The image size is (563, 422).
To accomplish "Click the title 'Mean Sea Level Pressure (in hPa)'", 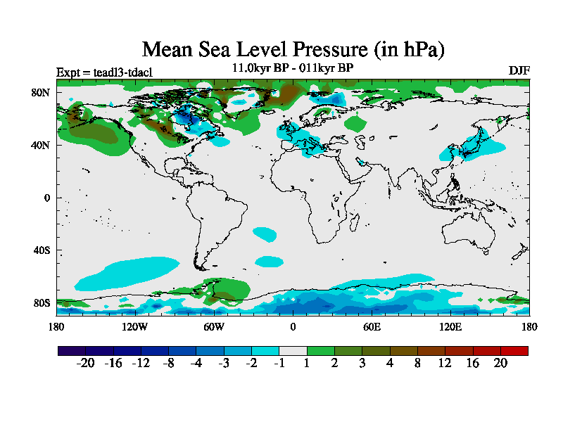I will (293, 50).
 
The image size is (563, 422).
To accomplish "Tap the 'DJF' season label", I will (519, 70).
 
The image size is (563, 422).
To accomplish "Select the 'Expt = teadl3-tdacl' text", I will (104, 72).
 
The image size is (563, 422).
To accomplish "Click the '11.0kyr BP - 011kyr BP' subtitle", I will (292, 68).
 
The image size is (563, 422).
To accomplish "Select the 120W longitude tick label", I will (135, 326).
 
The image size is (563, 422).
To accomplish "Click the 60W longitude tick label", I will (214, 326).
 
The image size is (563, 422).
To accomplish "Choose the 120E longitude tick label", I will (450, 326).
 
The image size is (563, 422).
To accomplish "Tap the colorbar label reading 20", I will (500, 362).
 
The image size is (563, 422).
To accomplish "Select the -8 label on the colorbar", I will (168, 362).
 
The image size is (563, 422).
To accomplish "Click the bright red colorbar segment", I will (514, 350).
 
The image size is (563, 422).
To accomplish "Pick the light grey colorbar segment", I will (293, 350).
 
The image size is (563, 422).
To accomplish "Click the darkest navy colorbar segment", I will (71, 350).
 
